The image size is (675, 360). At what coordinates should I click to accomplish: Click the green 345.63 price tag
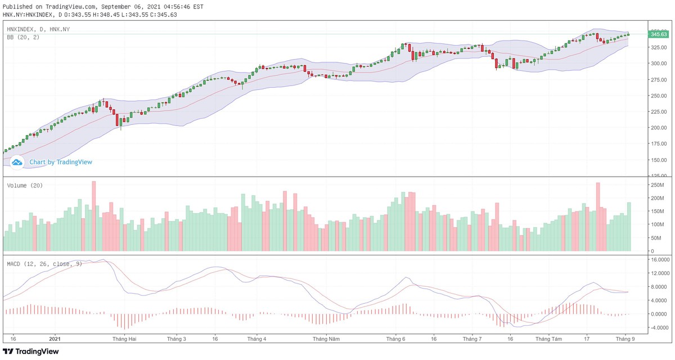659,34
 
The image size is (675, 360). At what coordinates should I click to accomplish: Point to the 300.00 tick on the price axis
659,63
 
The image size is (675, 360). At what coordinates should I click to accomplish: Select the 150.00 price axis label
659,160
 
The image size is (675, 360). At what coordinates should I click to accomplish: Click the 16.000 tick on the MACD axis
660,260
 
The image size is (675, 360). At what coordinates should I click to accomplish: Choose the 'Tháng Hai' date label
124,339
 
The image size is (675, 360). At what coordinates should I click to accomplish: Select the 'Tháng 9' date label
625,339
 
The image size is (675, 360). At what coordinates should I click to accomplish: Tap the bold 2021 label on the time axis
55,339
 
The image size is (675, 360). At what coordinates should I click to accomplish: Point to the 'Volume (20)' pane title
25,185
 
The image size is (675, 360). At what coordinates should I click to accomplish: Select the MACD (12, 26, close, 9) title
44,263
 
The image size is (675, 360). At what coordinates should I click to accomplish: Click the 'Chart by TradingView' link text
61,162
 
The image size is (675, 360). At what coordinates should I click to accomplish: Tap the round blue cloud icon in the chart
17,162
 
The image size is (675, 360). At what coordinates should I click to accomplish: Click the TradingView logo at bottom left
31,352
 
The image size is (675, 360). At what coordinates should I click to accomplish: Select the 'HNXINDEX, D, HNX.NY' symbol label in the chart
38,29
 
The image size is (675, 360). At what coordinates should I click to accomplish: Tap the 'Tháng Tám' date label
549,339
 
